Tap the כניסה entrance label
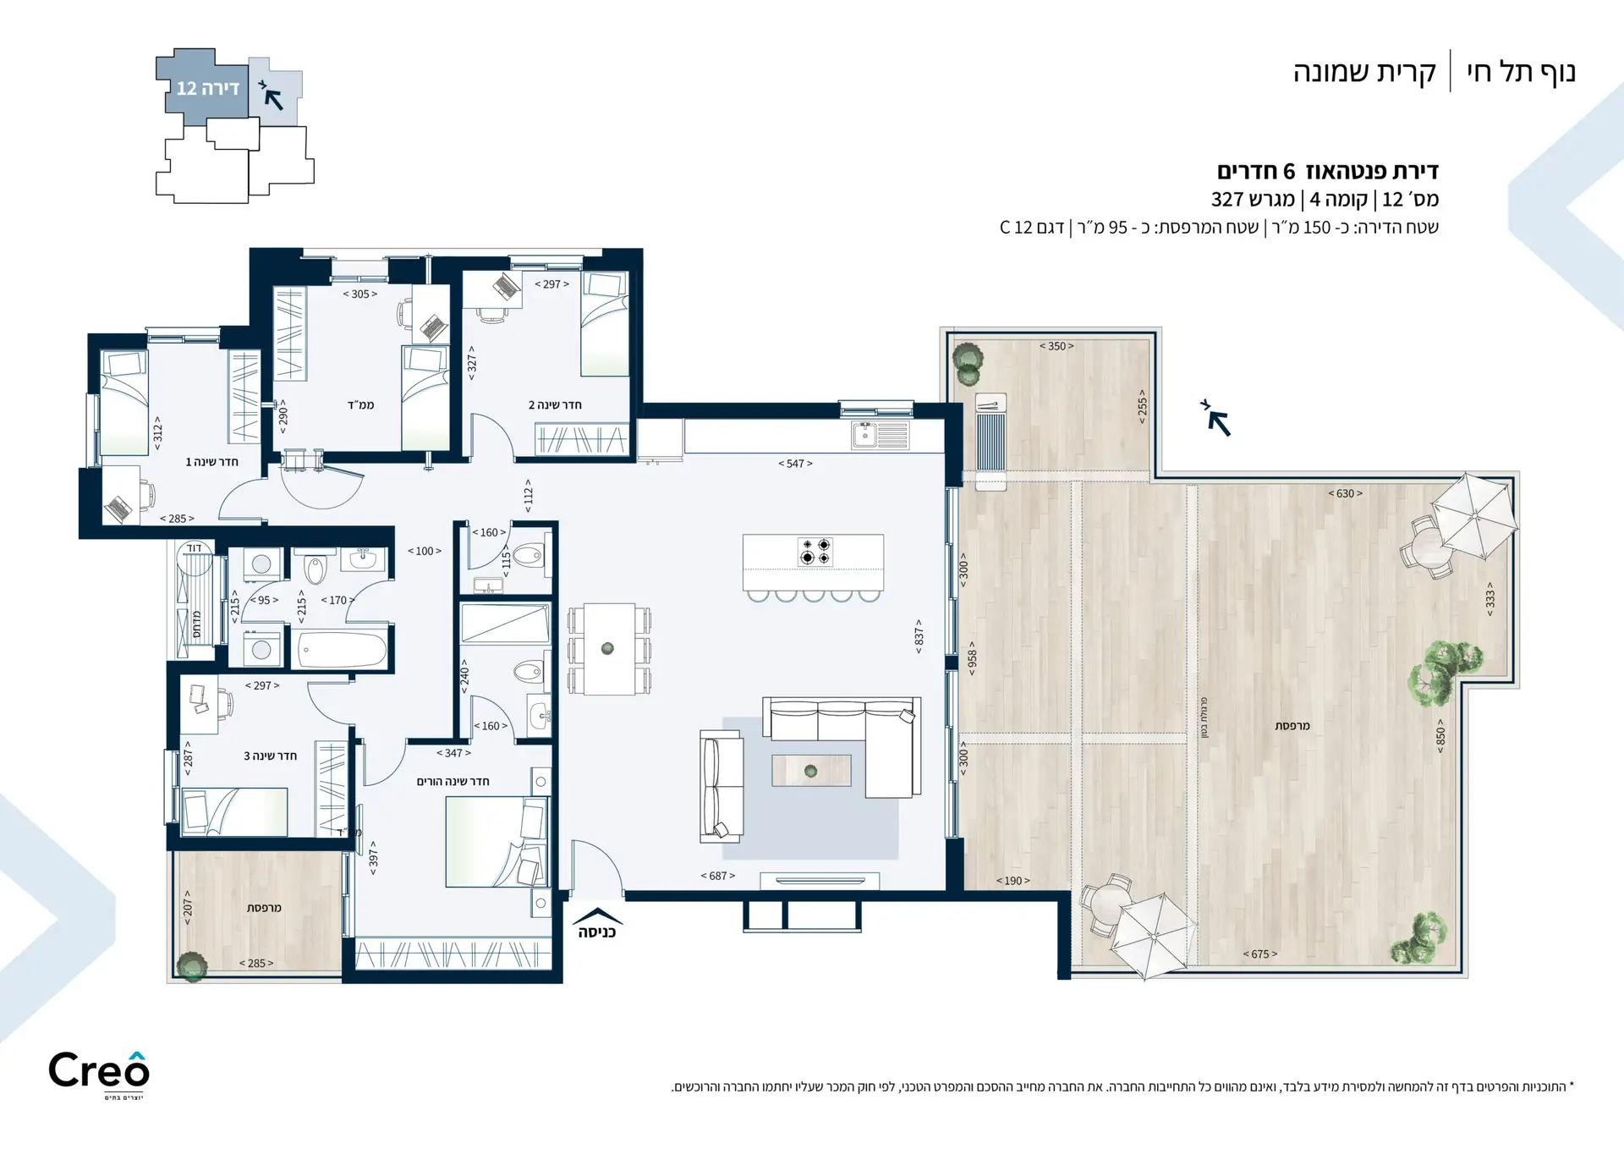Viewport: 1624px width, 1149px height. [x=597, y=932]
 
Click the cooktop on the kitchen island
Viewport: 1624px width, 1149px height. [x=815, y=551]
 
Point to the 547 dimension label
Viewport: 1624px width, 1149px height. [x=795, y=464]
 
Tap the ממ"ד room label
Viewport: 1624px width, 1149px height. [x=360, y=405]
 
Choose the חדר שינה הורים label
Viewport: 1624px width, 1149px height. [x=453, y=781]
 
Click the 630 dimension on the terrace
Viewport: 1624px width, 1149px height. [x=1345, y=493]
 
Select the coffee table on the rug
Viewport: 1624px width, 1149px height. [x=811, y=771]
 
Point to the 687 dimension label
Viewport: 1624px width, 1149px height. [x=718, y=876]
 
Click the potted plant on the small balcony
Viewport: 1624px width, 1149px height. [x=192, y=966]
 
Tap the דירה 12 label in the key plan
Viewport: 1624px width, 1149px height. [x=208, y=88]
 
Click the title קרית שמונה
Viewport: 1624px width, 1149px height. [x=1364, y=73]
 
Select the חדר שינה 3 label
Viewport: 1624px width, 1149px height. [x=270, y=756]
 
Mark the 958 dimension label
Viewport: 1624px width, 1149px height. [x=972, y=655]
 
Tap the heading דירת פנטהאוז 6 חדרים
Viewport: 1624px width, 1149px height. [x=1328, y=171]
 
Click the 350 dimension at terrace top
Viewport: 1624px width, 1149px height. [x=1056, y=346]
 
